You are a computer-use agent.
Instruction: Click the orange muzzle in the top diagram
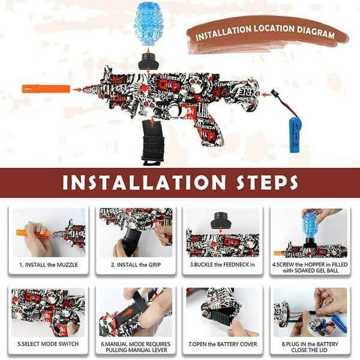(46, 89)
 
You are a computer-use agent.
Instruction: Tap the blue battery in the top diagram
(295, 135)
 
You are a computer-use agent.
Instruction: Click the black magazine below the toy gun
(152, 142)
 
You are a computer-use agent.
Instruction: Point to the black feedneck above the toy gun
(148, 61)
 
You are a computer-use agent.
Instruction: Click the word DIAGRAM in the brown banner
(316, 32)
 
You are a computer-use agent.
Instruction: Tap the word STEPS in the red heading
(267, 182)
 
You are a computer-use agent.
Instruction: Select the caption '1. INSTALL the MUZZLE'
(49, 265)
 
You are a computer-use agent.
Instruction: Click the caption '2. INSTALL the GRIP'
(136, 265)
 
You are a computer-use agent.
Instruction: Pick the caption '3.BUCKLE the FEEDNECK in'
(222, 265)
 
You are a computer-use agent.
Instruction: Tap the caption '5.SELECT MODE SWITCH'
(48, 344)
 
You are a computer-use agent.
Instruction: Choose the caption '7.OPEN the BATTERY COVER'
(223, 344)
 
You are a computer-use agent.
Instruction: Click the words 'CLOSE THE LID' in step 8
(309, 350)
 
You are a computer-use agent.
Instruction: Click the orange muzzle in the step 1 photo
(33, 233)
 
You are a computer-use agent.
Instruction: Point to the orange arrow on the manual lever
(127, 313)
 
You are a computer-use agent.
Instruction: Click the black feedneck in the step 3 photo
(220, 220)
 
